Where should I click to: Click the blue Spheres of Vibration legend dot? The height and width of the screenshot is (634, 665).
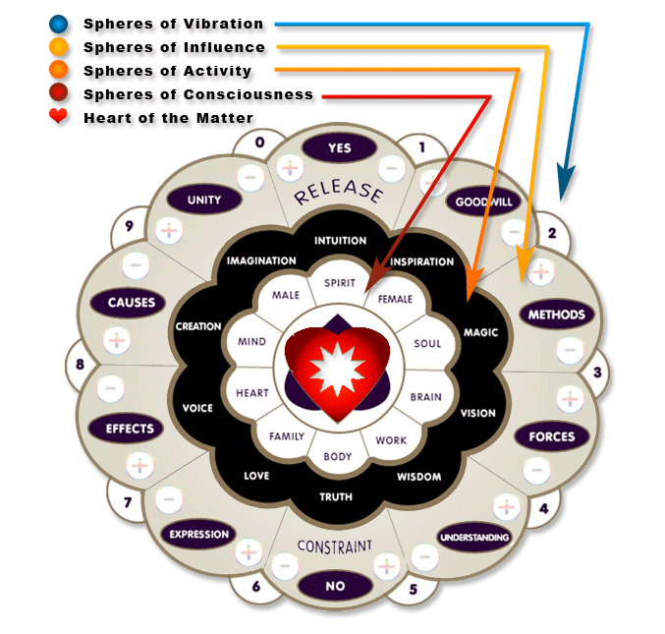(60, 24)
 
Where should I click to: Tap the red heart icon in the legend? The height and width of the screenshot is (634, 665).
(60, 118)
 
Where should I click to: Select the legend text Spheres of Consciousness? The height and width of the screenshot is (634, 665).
(198, 94)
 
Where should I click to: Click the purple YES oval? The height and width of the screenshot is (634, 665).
(339, 148)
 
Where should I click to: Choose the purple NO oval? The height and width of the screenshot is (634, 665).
(334, 586)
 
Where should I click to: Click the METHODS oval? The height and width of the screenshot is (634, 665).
(556, 316)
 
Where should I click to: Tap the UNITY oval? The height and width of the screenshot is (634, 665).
(203, 200)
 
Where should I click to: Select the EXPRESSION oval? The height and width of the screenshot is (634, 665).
(198, 535)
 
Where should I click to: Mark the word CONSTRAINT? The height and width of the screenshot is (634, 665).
(335, 546)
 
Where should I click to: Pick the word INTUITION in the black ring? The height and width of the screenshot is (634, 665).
(340, 240)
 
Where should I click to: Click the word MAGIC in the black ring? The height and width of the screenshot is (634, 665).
(480, 332)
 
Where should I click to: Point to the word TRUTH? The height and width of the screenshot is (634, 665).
(336, 497)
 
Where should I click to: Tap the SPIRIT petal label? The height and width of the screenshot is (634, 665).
(339, 282)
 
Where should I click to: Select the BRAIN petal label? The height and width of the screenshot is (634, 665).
(425, 397)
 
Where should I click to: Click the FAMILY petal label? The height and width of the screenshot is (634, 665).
(286, 436)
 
